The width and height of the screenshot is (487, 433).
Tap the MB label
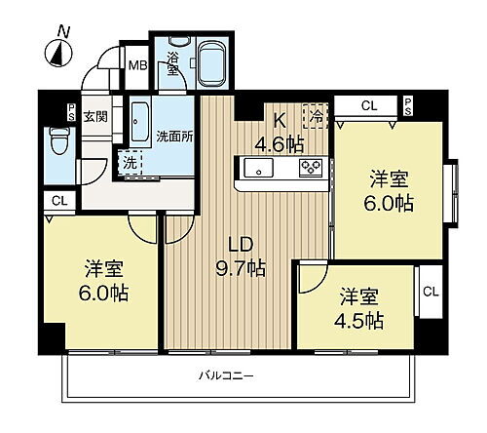point(139,67)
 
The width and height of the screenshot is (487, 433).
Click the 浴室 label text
point(172,63)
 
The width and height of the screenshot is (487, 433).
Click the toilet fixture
point(59,144)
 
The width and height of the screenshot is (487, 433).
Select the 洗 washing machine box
point(129,161)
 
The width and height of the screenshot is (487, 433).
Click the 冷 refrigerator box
point(317,116)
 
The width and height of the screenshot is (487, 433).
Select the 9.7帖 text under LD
point(243,266)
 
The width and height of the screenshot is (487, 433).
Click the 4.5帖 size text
point(360,320)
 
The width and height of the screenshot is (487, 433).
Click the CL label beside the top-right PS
point(368,104)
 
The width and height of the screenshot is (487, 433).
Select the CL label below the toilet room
point(58,202)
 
